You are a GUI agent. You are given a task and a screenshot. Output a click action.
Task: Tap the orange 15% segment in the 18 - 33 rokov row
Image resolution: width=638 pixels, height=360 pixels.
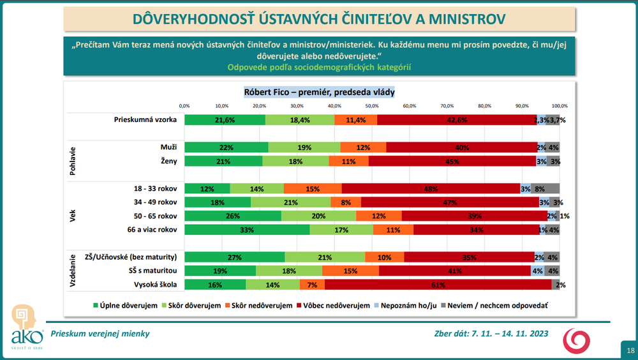click(313, 188)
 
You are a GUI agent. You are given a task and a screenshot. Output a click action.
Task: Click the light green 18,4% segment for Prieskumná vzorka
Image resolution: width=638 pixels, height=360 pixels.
click(300, 119)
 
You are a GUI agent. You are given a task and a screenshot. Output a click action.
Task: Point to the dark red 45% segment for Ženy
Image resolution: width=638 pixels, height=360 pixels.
click(452, 161)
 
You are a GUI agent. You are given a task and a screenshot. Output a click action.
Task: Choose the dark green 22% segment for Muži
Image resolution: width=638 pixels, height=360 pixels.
click(226, 147)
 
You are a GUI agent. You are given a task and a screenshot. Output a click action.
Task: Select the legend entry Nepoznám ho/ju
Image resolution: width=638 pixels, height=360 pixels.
click(407, 306)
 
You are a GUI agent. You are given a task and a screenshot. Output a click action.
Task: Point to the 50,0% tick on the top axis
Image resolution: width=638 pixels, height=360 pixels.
click(372, 105)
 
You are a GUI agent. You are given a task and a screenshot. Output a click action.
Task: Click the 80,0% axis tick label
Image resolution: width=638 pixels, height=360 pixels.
click(484, 105)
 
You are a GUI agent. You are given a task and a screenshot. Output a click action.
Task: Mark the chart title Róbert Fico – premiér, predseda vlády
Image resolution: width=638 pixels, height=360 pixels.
click(320, 92)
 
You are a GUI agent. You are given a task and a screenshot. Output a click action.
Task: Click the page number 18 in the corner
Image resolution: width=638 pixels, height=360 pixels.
click(630, 350)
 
